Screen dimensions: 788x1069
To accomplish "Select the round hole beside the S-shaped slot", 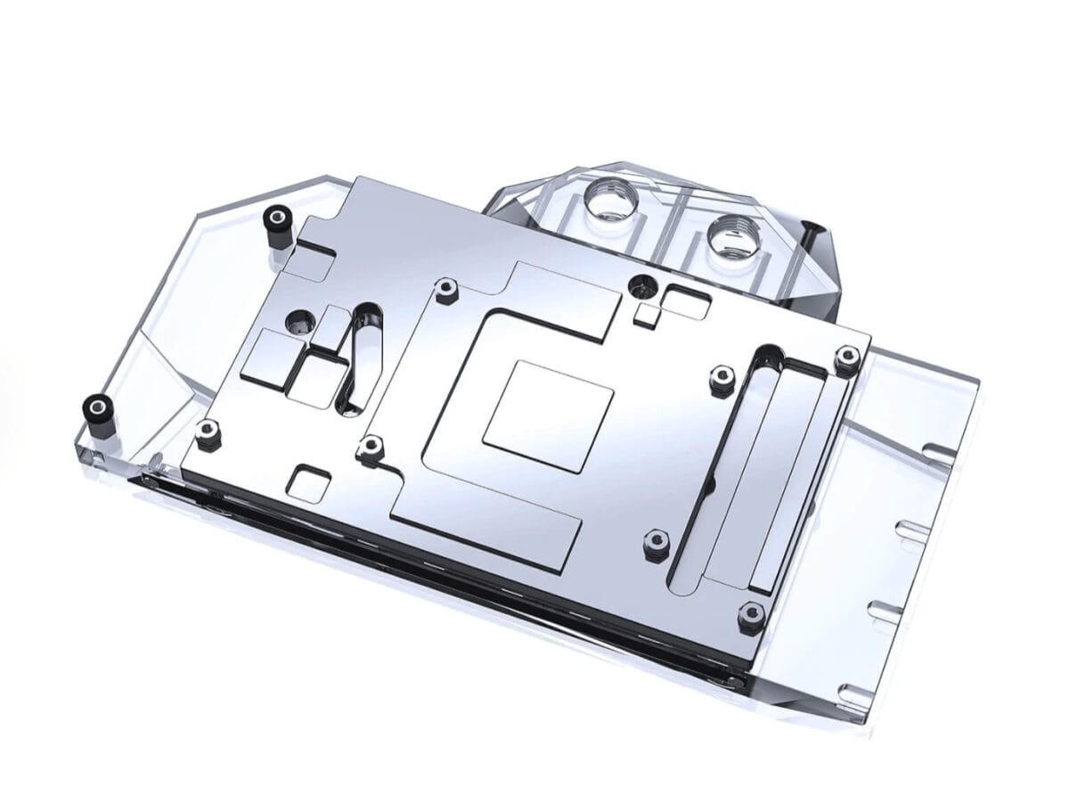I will pos(300,320).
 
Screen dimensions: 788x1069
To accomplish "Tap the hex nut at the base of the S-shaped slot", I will pos(368,448).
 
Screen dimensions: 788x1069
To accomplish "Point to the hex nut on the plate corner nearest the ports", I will pos(843,357).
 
